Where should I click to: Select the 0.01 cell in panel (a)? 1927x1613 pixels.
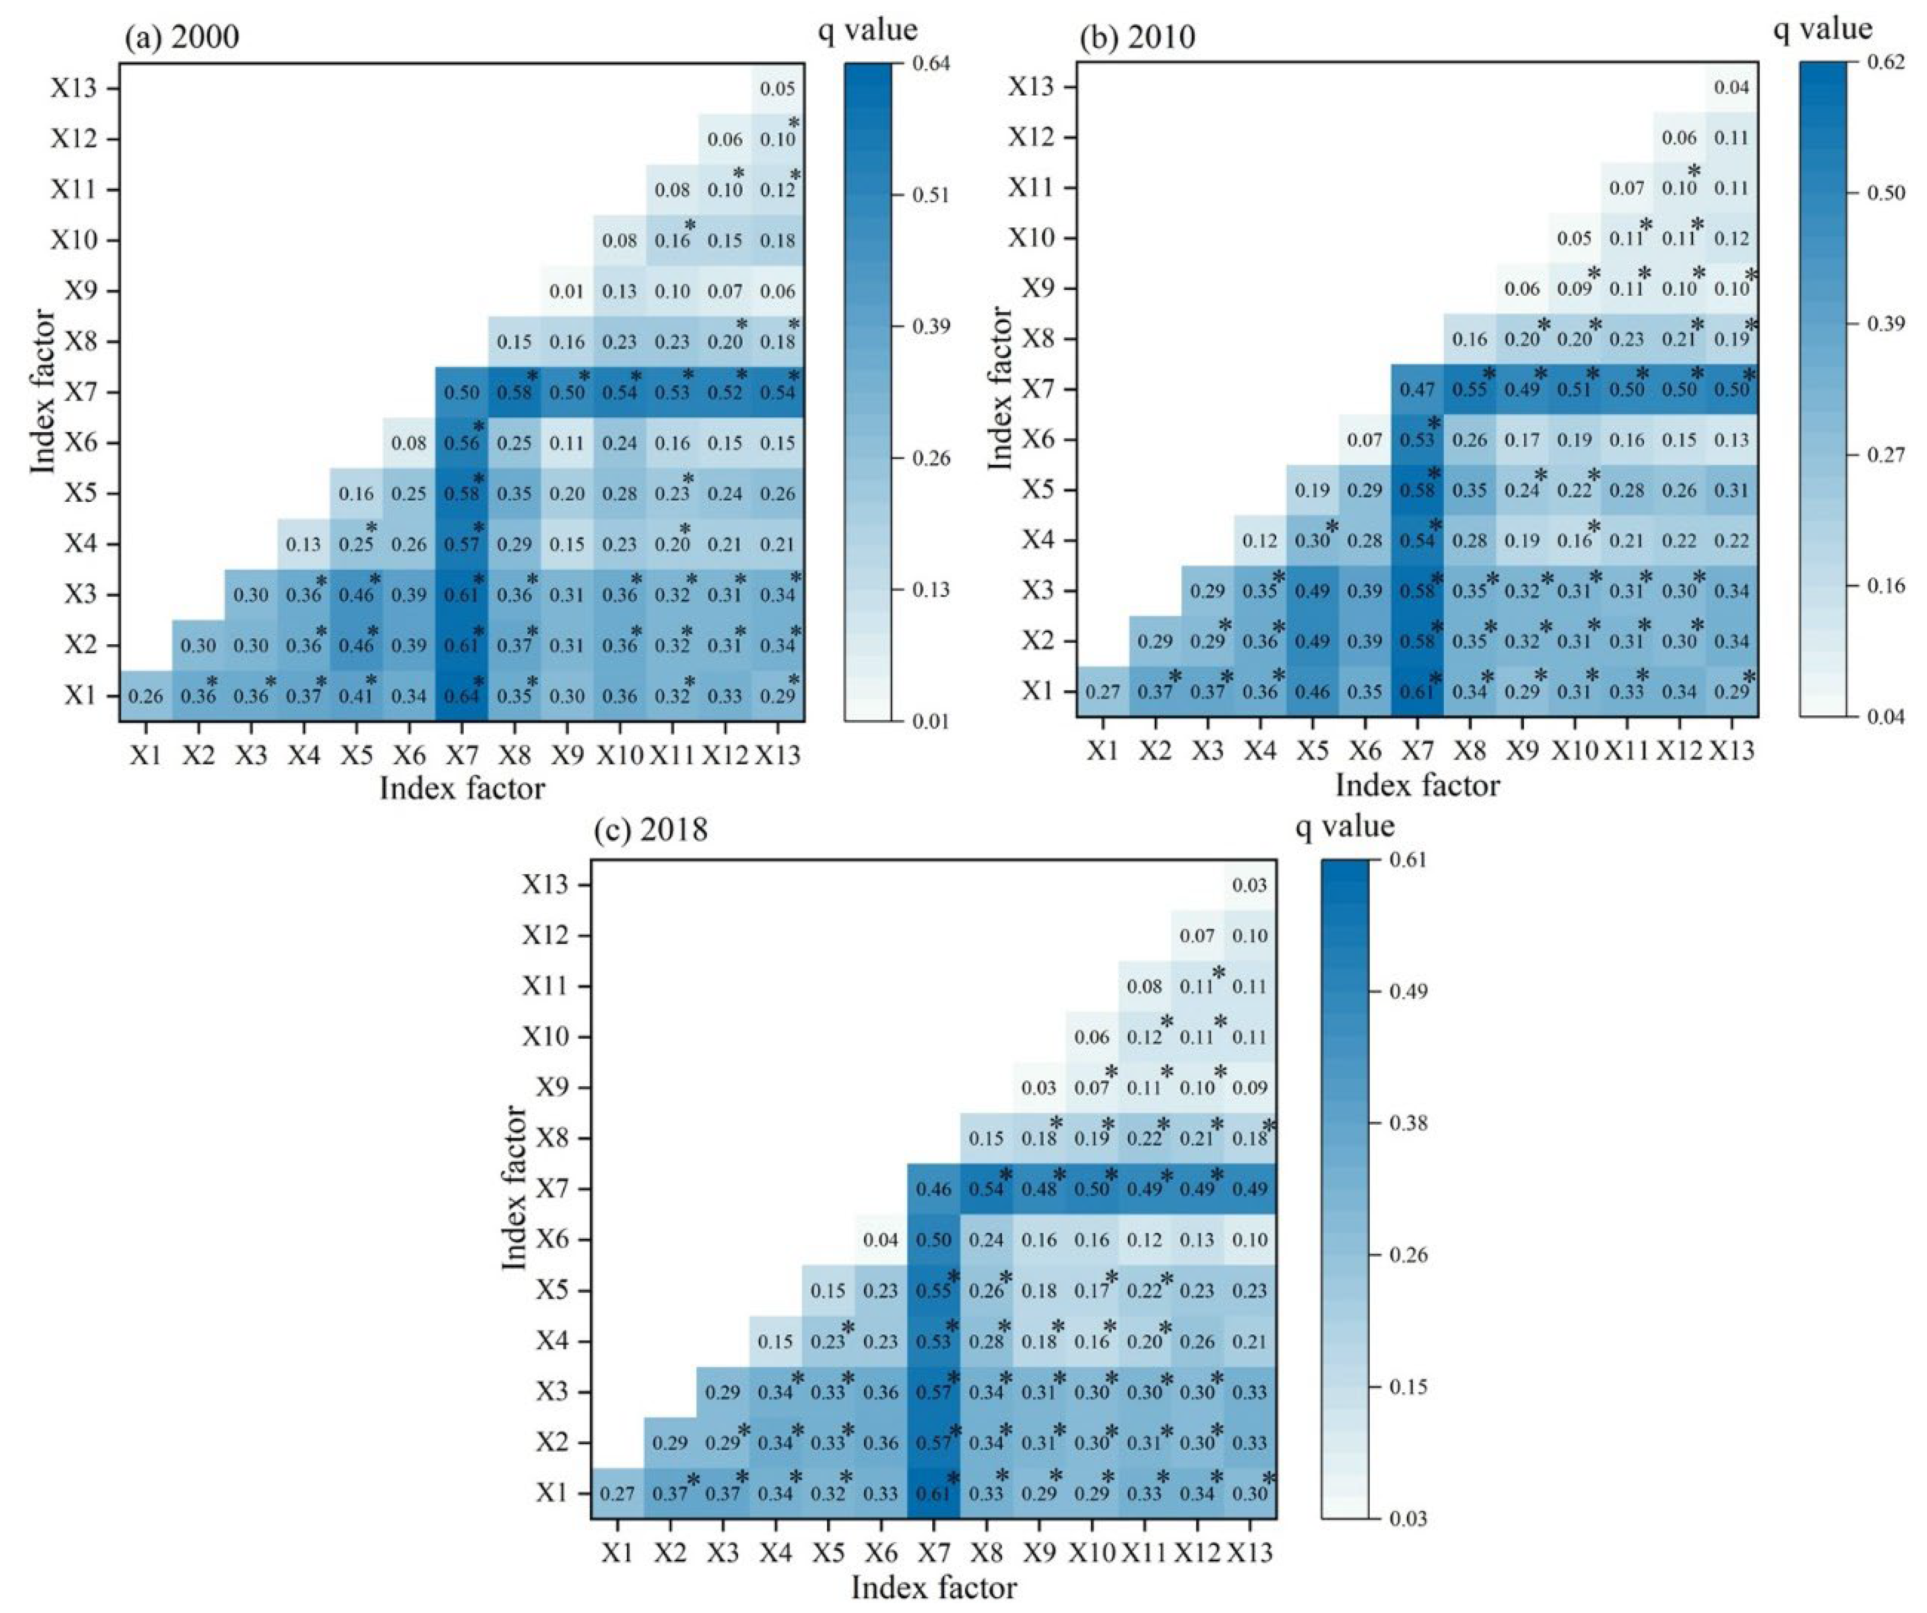[x=567, y=292]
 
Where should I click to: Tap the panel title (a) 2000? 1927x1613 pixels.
[x=182, y=38]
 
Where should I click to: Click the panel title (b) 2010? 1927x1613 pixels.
[x=1138, y=38]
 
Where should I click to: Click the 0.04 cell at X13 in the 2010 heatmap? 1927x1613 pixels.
[x=1731, y=88]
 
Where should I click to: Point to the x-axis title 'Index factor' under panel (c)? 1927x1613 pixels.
[x=933, y=1588]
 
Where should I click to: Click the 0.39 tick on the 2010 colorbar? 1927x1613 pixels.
[x=1887, y=324]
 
